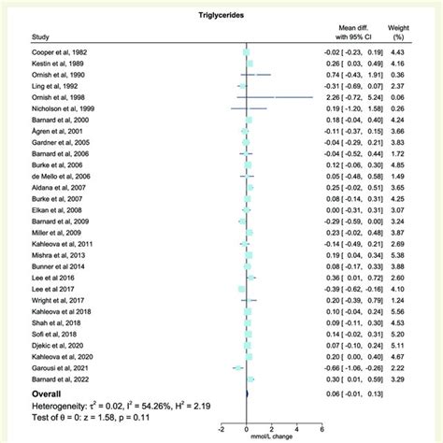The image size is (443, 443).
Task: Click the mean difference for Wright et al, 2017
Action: tap(361, 300)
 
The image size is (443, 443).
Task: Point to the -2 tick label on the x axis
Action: tap(221, 429)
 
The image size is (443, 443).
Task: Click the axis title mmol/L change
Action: tap(272, 437)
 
